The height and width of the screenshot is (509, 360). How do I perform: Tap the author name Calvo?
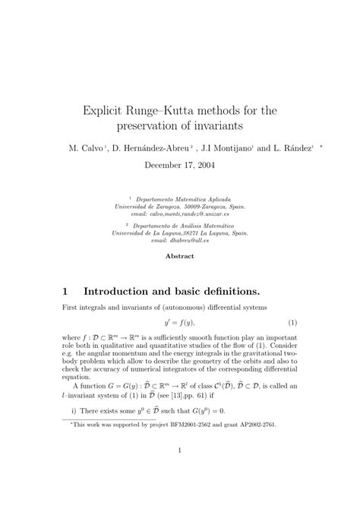[x=93, y=148]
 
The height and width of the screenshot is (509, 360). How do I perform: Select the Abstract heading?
[x=180, y=256]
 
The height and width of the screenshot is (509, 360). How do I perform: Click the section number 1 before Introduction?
[x=66, y=292]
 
